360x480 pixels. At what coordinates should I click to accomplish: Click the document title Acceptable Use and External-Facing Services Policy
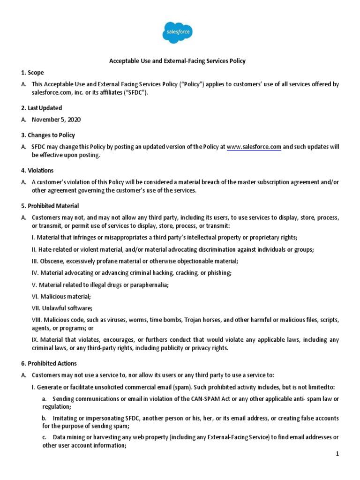(x=177, y=61)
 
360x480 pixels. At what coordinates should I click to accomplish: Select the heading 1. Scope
(x=32, y=73)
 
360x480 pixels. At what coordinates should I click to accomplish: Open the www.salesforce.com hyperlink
(x=254, y=147)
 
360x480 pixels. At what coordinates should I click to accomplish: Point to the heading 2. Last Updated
(x=41, y=108)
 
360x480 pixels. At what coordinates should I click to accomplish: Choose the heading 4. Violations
(x=37, y=171)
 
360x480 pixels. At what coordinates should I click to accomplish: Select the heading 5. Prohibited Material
(x=50, y=206)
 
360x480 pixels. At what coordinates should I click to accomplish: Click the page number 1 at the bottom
(x=337, y=454)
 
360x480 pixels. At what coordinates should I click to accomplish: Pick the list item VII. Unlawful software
(x=61, y=308)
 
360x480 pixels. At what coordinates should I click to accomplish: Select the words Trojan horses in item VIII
(x=202, y=320)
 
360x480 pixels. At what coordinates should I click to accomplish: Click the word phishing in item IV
(x=219, y=272)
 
